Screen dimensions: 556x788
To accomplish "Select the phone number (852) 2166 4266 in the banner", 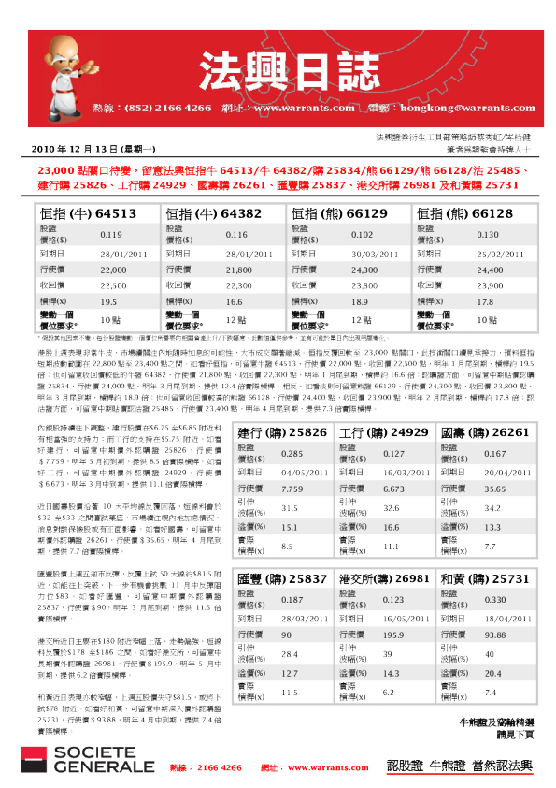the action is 168,108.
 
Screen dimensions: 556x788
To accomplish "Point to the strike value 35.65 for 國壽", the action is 495,489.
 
